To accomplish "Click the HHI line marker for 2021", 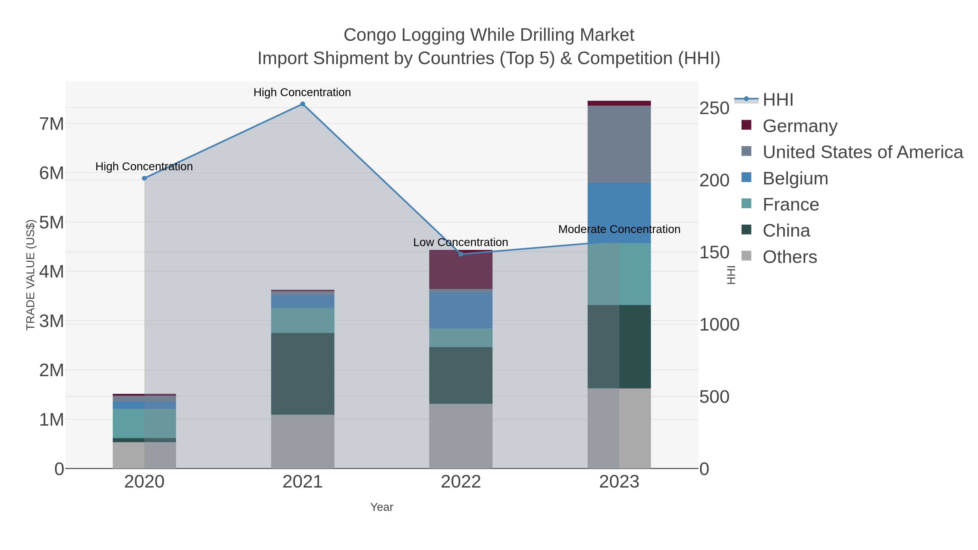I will [x=303, y=104].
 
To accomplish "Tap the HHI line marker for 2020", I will [x=144, y=178].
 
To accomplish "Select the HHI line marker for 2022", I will [x=461, y=254].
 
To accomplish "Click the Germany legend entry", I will [x=800, y=126].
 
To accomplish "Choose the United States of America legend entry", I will [x=863, y=152].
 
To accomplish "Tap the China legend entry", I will [x=786, y=231].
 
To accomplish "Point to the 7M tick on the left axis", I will [x=52, y=124].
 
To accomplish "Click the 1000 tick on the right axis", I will [x=719, y=325].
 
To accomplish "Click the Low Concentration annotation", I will [x=460, y=242].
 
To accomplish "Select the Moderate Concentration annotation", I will [x=619, y=229].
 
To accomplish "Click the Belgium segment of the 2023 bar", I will [x=619, y=213].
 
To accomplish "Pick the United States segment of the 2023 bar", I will [x=619, y=144].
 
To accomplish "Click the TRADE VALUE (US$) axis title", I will [x=30, y=275].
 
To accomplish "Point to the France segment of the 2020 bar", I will [x=144, y=423].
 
